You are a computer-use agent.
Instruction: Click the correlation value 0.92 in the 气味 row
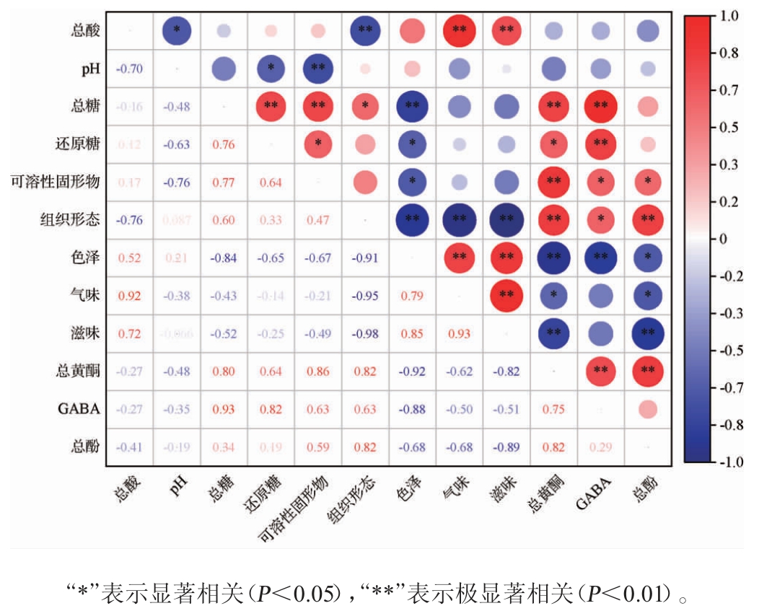(x=129, y=296)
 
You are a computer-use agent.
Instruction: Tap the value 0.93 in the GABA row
(x=224, y=409)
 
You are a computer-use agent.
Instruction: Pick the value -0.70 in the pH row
(x=129, y=69)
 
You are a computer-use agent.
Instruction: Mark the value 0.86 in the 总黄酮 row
(x=317, y=372)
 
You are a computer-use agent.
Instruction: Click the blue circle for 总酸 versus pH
(x=176, y=30)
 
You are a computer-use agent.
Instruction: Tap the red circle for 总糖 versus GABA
(x=600, y=106)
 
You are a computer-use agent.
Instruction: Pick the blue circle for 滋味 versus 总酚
(x=647, y=333)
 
